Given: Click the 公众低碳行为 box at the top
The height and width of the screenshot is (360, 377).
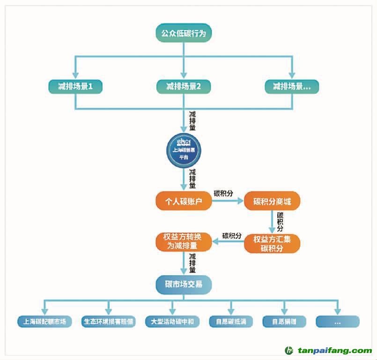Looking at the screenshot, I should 184,33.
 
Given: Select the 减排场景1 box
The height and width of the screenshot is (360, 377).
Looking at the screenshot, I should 75,87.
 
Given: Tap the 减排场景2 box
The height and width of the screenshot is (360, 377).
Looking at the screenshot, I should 184,87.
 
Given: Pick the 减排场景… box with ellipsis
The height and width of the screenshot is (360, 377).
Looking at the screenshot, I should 291,87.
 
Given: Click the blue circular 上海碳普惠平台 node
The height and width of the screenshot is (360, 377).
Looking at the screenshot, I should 184,148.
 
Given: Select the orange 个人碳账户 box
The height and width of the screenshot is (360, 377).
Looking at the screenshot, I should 183,202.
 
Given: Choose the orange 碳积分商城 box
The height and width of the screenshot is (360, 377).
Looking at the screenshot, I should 272,202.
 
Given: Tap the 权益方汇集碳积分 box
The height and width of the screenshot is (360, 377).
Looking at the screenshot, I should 272,243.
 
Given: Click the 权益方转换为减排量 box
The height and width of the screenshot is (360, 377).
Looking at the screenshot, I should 183,241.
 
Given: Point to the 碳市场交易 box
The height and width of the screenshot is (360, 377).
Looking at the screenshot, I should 184,284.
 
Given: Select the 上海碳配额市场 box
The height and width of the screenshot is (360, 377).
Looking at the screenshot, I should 45,322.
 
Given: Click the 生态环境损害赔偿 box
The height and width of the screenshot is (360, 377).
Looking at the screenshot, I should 108,322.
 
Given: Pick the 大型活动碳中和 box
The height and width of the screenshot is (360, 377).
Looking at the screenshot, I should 172,322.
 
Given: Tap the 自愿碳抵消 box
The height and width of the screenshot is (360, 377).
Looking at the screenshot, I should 231,322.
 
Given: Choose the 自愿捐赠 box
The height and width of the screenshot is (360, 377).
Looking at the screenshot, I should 284,322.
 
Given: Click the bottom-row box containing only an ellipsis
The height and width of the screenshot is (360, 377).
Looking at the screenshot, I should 337,322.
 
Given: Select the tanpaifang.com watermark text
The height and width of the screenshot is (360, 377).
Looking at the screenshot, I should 335,350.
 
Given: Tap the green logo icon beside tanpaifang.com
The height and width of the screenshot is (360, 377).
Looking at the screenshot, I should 289,350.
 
